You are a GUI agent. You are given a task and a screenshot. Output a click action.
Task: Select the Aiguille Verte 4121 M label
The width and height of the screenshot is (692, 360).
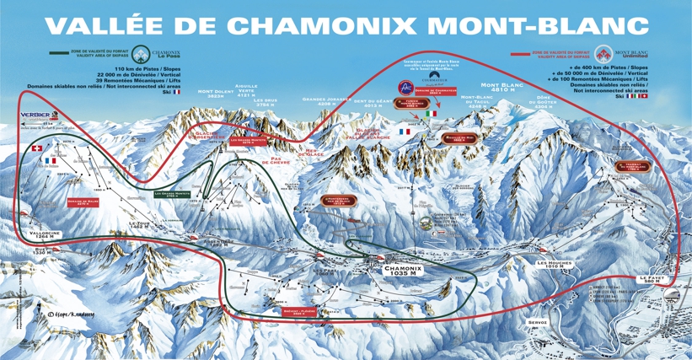[x=246, y=90]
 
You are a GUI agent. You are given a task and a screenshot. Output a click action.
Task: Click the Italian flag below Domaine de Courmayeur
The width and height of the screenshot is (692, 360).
[x=433, y=112]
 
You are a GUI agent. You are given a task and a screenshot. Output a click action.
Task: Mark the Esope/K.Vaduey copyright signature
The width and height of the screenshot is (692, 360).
[x=64, y=314]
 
